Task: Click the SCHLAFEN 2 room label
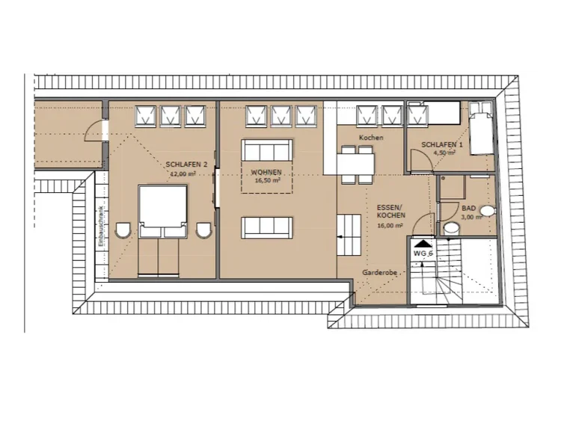[186, 165]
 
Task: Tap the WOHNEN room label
[266, 173]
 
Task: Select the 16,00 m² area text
[390, 226]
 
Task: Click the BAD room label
[469, 208]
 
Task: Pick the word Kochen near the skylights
[371, 138]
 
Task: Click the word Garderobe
[379, 272]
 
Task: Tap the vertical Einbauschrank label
[102, 227]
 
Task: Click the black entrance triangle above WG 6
[423, 244]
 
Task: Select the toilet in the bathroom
[451, 228]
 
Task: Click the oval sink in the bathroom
[487, 211]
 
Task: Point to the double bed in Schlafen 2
[163, 230]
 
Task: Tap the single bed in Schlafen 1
[482, 128]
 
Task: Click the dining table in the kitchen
[355, 164]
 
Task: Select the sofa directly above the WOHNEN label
[267, 150]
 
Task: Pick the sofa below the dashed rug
[267, 228]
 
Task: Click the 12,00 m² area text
[183, 173]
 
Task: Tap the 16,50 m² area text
[267, 181]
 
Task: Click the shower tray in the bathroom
[453, 187]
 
